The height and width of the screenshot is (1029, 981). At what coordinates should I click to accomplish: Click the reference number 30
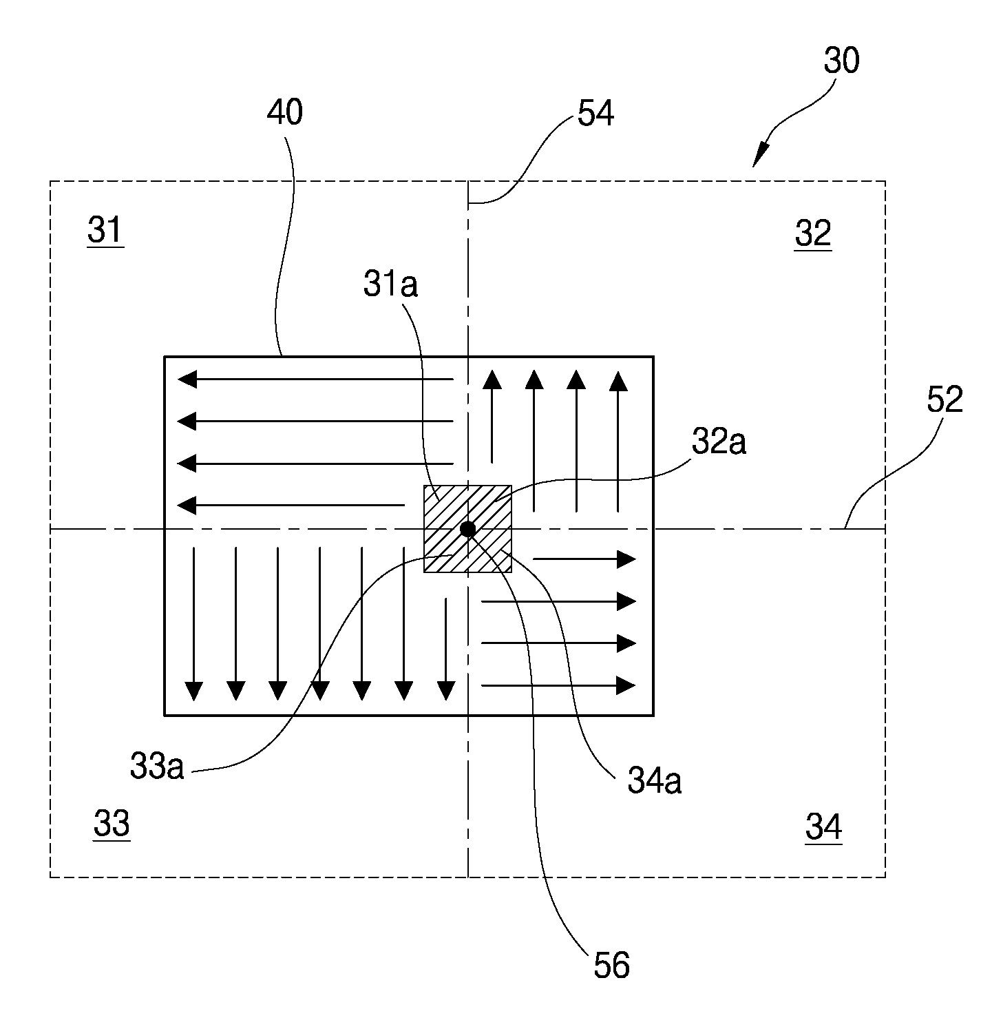click(x=841, y=60)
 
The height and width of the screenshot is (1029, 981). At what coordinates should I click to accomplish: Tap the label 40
click(x=284, y=112)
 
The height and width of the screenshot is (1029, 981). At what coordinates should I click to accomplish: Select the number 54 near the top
click(x=595, y=113)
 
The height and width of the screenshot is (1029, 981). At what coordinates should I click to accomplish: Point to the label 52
click(x=945, y=400)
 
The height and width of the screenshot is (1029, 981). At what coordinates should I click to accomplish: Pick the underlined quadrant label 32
click(x=813, y=233)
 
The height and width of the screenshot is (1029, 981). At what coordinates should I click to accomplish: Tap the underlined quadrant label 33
click(x=112, y=823)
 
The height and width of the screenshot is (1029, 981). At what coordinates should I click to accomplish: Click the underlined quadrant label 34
click(x=823, y=827)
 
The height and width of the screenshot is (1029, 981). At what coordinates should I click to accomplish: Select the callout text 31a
click(x=391, y=284)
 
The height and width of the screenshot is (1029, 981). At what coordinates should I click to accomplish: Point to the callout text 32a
click(x=719, y=441)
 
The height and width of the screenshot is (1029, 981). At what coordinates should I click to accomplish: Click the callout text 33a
click(x=157, y=767)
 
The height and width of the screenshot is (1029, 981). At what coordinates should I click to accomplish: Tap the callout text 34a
click(x=655, y=782)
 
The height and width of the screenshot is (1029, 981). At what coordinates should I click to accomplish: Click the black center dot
click(x=467, y=529)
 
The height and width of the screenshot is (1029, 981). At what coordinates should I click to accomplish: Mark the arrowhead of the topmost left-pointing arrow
click(x=187, y=379)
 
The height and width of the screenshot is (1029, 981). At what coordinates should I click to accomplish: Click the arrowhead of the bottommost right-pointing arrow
click(x=626, y=685)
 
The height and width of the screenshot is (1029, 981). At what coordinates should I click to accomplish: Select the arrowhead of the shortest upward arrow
click(x=492, y=380)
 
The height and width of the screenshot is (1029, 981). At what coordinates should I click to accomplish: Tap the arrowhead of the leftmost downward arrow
click(x=194, y=691)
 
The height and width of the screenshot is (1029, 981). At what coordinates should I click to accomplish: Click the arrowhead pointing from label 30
click(x=760, y=156)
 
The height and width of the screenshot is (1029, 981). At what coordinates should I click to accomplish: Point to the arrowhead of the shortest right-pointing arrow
click(x=626, y=559)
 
